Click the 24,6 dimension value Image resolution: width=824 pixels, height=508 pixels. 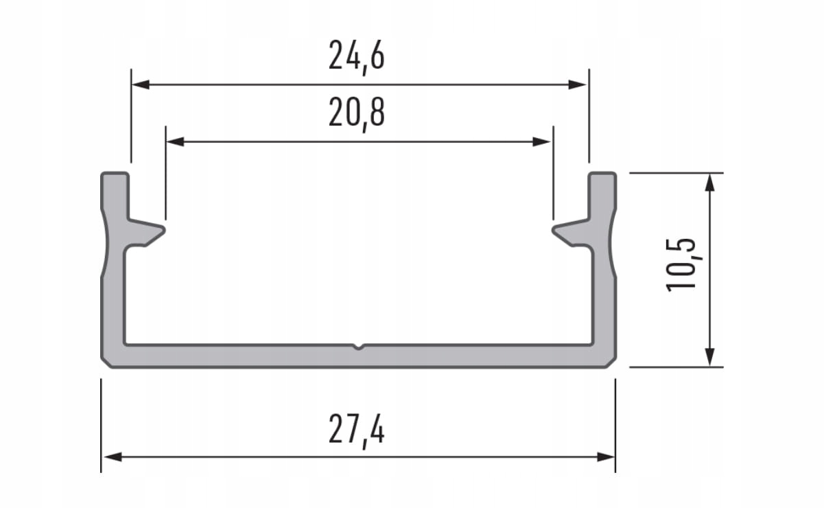pos(356,57)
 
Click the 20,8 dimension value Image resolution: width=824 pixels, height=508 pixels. pos(356,114)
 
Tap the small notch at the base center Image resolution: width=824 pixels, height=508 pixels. pos(357,347)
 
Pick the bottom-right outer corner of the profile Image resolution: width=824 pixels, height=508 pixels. pos(612,364)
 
